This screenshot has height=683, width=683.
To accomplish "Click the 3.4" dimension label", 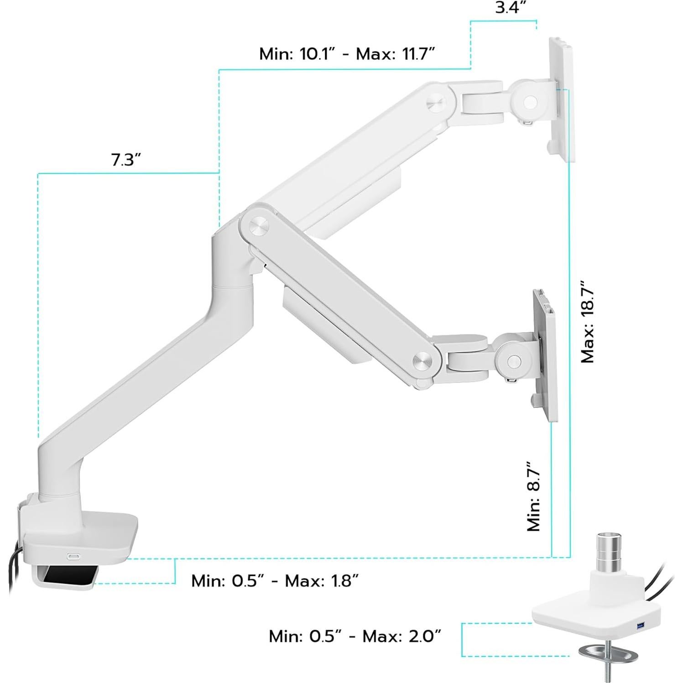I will coord(511,8).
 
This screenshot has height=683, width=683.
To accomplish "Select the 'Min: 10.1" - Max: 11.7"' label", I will coord(347,54).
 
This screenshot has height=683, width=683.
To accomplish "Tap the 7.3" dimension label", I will coord(126,160).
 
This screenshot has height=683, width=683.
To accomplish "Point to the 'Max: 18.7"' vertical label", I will coord(588,325).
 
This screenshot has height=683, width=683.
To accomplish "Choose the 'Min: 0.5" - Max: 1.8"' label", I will coord(275,581).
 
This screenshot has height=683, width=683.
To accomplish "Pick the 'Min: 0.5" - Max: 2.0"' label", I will coord(355,636).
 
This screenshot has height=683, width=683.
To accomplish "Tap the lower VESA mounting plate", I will coord(546,356).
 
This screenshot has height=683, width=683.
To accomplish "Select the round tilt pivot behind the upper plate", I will coord(530,102).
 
